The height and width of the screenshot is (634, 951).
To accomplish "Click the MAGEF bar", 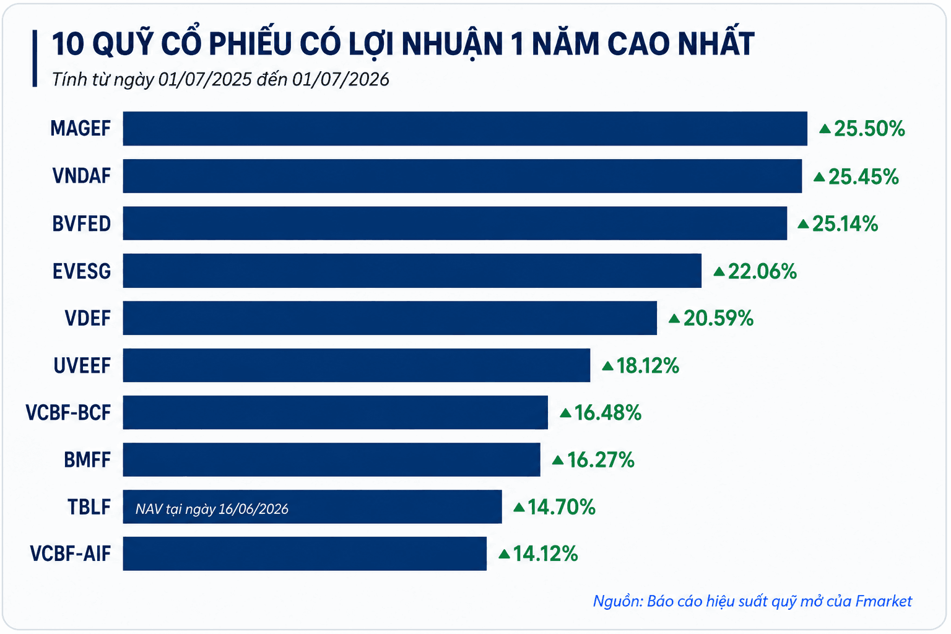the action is click(x=465, y=129).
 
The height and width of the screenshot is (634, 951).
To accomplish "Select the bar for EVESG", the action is click(x=412, y=271).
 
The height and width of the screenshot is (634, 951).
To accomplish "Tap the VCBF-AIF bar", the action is click(x=305, y=554).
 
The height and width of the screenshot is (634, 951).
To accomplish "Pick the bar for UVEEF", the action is click(x=357, y=365).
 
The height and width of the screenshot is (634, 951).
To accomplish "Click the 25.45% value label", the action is click(x=864, y=176).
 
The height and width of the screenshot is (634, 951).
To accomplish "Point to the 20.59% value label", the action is click(x=718, y=318).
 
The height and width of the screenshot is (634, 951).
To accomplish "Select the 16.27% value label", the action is click(x=601, y=460).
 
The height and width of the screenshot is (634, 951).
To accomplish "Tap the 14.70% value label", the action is click(x=562, y=507).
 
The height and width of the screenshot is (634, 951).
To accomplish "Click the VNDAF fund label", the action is click(x=82, y=176).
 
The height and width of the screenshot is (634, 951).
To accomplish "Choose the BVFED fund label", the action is click(x=82, y=224).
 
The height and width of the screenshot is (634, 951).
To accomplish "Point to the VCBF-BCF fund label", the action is click(x=68, y=412).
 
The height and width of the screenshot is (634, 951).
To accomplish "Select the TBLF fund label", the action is click(x=89, y=507).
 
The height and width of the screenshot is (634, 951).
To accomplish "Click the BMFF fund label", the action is click(x=87, y=460).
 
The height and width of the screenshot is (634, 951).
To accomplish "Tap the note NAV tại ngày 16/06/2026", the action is click(x=212, y=509).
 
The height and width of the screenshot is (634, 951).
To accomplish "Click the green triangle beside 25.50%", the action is click(x=825, y=128).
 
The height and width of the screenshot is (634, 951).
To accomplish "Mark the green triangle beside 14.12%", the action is click(x=504, y=554).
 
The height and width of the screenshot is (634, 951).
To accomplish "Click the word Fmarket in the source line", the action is click(x=884, y=601).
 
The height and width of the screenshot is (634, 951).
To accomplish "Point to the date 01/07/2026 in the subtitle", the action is click(x=341, y=80).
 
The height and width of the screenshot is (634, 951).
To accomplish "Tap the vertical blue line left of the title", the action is click(x=35, y=58).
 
